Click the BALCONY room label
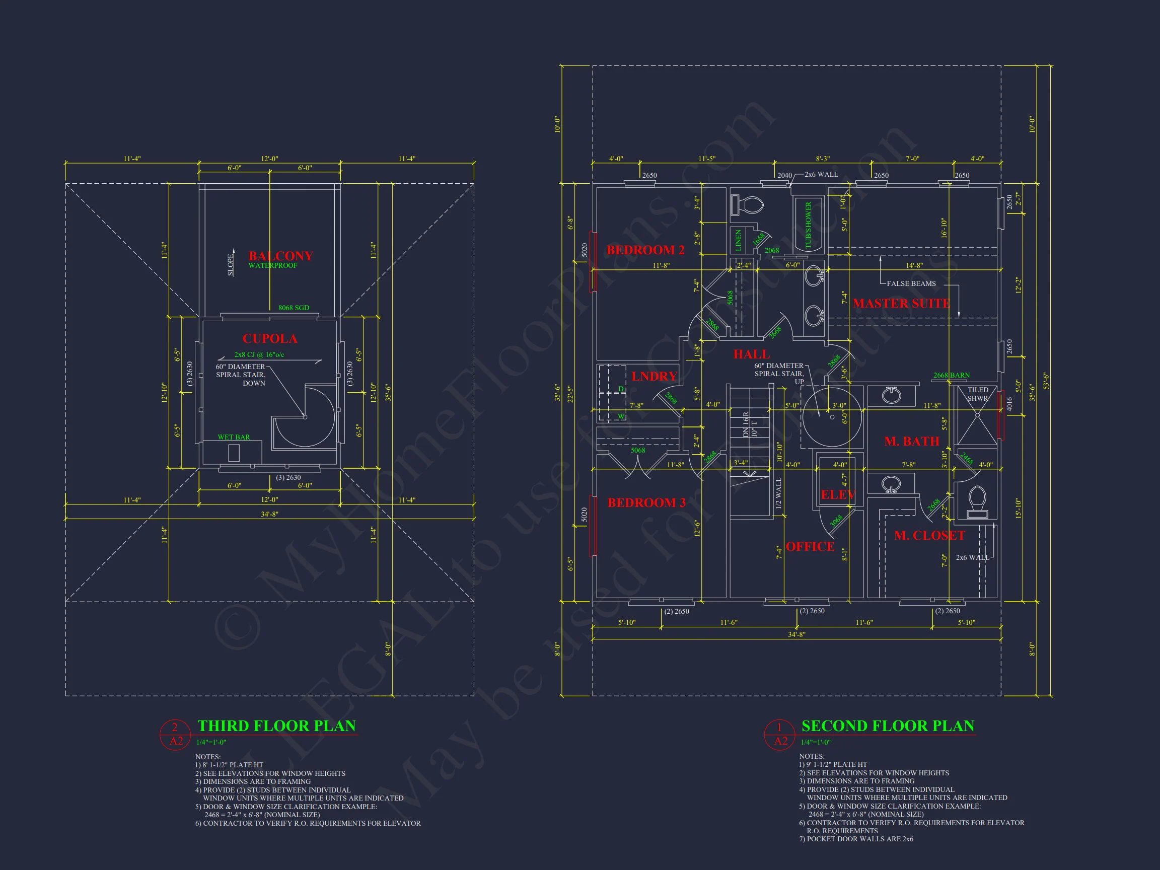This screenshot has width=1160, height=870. [280, 256]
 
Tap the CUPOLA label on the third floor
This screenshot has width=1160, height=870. [269, 339]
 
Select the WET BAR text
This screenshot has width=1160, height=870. [234, 437]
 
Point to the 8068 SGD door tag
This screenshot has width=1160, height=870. [294, 308]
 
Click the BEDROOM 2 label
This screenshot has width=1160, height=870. [645, 250]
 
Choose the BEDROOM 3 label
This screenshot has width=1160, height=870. [646, 503]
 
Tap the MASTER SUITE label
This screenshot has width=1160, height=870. [901, 303]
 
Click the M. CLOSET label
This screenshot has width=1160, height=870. [929, 535]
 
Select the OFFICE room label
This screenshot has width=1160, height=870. [810, 546]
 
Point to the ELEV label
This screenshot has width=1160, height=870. [837, 494]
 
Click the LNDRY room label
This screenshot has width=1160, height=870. [654, 376]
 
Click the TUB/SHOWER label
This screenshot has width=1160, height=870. [808, 225]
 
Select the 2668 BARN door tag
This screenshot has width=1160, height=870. [951, 375]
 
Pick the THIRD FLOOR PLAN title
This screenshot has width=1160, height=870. [276, 726]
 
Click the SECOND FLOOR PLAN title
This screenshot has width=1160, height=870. [887, 726]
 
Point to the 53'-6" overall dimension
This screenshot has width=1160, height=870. [1045, 381]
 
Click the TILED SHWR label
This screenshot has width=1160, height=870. [978, 394]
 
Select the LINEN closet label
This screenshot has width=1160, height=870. [739, 240]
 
